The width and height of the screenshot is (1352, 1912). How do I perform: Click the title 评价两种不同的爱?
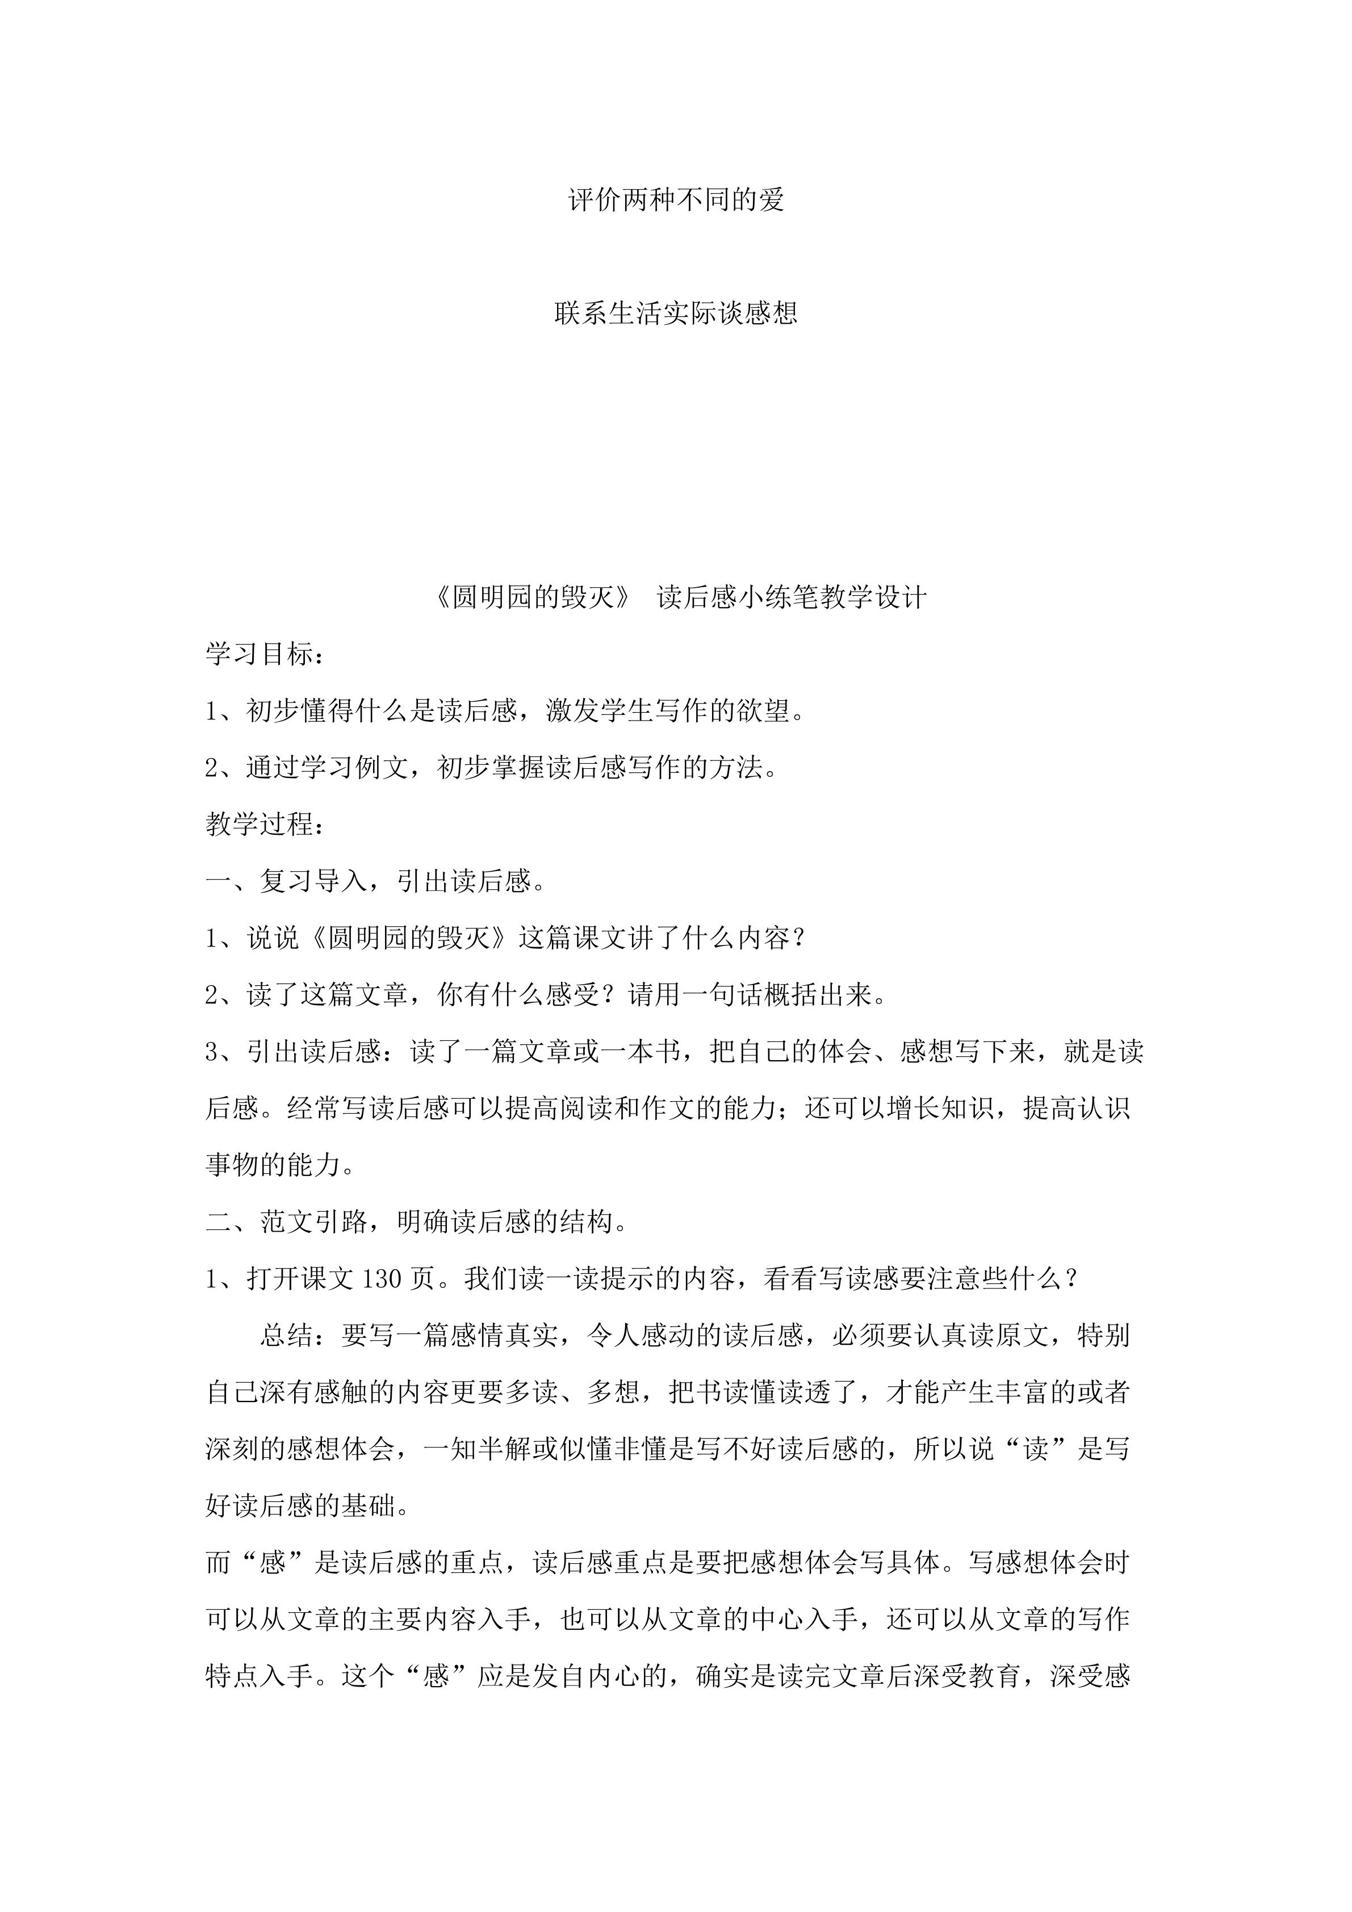[x=676, y=200]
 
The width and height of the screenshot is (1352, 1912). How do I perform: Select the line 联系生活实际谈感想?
[x=676, y=313]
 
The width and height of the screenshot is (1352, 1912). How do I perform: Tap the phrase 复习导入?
[x=314, y=881]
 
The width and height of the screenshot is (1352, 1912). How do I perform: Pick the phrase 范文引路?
[x=314, y=1221]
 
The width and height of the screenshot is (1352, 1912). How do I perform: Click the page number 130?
[x=382, y=1278]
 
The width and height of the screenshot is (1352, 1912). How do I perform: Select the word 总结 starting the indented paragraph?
[x=287, y=1336]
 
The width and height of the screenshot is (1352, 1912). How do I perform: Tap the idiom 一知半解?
[x=478, y=1450]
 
